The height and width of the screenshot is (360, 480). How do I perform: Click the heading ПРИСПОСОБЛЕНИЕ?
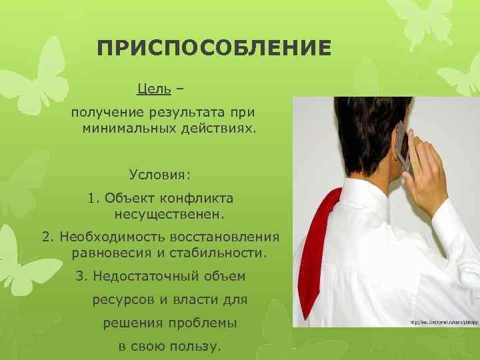(x=213, y=49)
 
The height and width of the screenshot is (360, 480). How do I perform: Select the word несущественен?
(x=170, y=215)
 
